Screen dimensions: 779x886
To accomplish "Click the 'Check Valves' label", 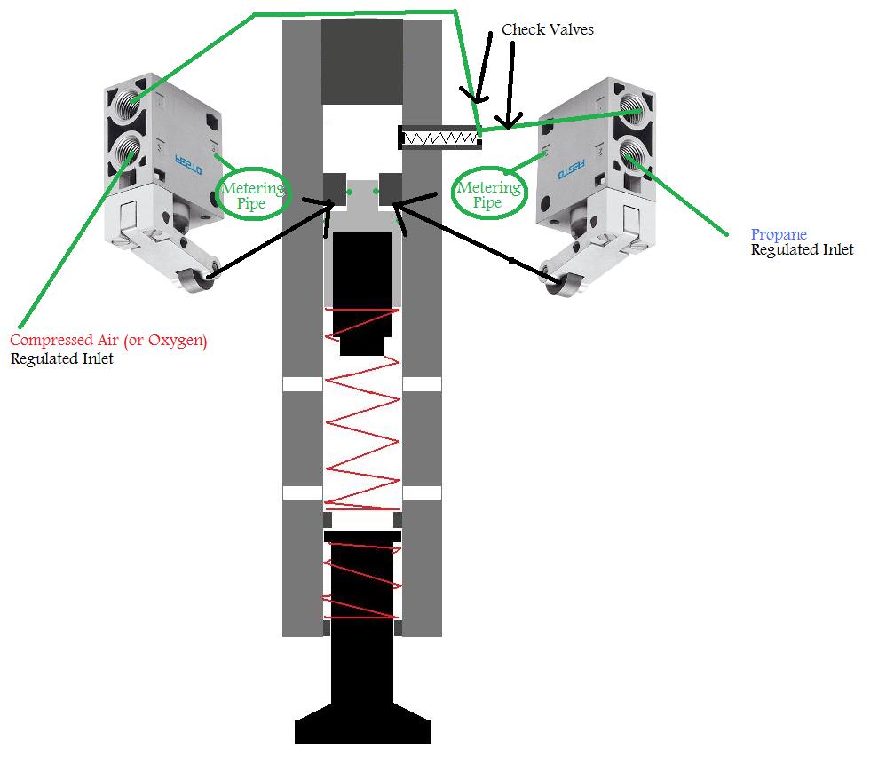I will (547, 29).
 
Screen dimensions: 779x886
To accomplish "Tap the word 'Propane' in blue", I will (779, 234).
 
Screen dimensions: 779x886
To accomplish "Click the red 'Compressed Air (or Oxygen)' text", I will (108, 341).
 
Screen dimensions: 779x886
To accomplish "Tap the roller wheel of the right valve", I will (563, 281).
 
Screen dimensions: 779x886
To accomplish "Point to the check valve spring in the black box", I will (440, 138).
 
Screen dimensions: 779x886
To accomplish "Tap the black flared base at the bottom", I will (362, 726).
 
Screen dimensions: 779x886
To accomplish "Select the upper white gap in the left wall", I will (303, 384).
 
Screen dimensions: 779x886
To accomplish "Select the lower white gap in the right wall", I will (422, 493).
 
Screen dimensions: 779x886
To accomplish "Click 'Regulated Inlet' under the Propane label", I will (802, 249).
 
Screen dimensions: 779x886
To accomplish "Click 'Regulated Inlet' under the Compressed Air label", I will (61, 358).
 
